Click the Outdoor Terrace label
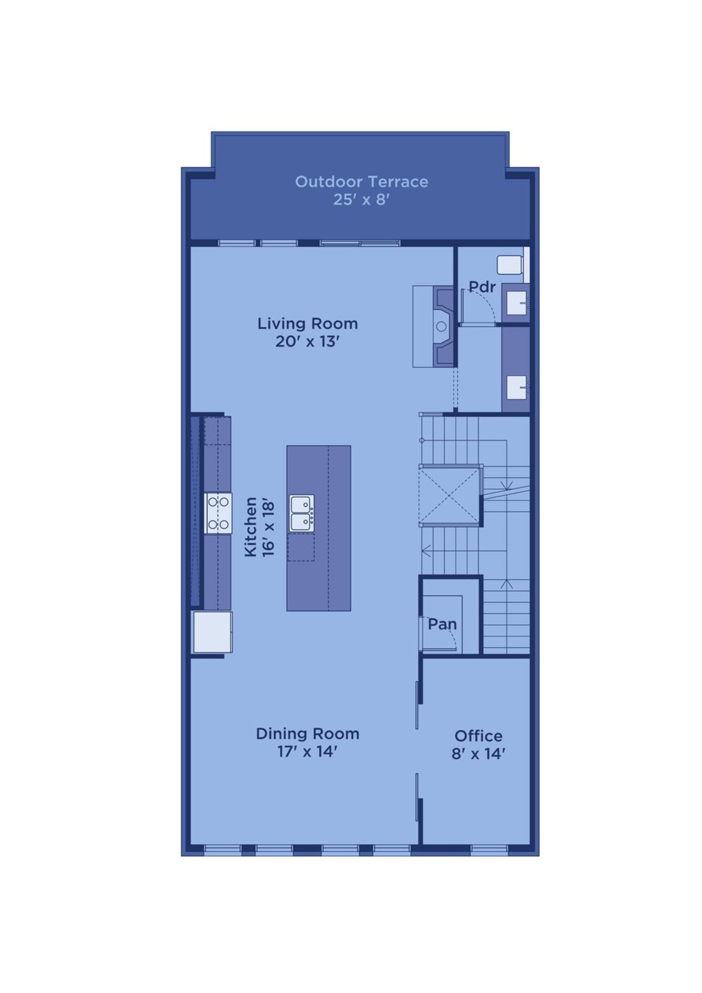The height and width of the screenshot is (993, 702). (x=361, y=181)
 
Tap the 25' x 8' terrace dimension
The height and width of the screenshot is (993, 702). (x=361, y=200)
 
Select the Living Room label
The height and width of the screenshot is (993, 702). (x=308, y=324)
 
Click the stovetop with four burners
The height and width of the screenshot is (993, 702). (x=218, y=513)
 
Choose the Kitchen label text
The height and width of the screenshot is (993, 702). (x=251, y=527)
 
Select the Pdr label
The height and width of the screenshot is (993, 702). (x=482, y=287)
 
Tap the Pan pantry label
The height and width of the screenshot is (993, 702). (x=442, y=624)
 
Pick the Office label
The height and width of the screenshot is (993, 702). (x=478, y=736)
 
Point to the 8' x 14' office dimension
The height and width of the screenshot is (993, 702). (x=478, y=754)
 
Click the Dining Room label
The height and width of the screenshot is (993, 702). (x=308, y=734)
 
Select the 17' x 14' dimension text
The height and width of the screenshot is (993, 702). (x=307, y=751)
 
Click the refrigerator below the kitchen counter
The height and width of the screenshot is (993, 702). (x=213, y=632)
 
